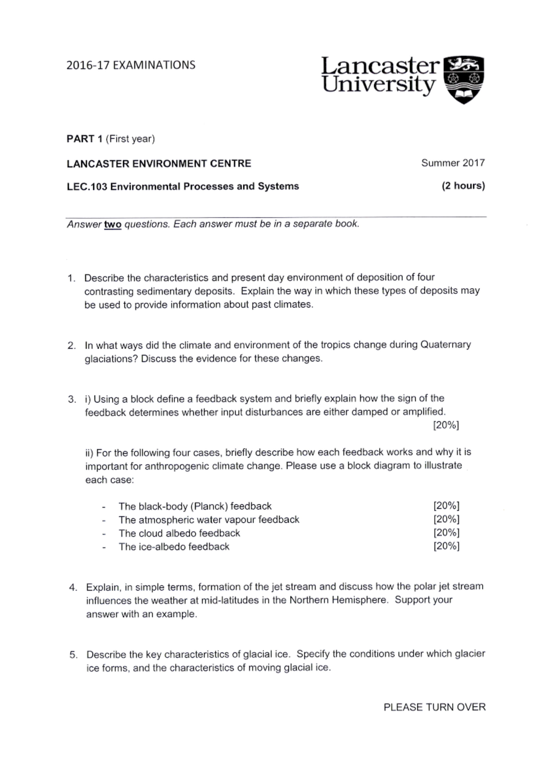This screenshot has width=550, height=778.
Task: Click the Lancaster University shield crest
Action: click(x=465, y=79)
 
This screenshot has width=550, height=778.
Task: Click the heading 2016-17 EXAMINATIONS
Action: click(x=131, y=65)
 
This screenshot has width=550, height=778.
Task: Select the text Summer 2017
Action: click(x=453, y=163)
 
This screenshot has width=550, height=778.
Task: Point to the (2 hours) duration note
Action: click(x=463, y=186)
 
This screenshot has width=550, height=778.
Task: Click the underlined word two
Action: click(x=113, y=225)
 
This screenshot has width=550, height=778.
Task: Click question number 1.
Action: click(x=71, y=278)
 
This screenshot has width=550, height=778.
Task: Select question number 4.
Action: click(x=73, y=587)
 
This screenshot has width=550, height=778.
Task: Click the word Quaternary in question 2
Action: click(x=445, y=344)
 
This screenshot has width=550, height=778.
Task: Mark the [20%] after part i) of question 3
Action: click(x=446, y=425)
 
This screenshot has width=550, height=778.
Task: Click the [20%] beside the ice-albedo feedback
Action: click(x=446, y=546)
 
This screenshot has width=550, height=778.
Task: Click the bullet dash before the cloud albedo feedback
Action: click(x=104, y=534)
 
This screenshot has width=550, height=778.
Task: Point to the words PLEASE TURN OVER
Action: click(x=434, y=707)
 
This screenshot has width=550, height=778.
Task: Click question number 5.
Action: click(x=73, y=655)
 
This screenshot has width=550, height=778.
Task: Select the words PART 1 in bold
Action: click(x=84, y=139)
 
